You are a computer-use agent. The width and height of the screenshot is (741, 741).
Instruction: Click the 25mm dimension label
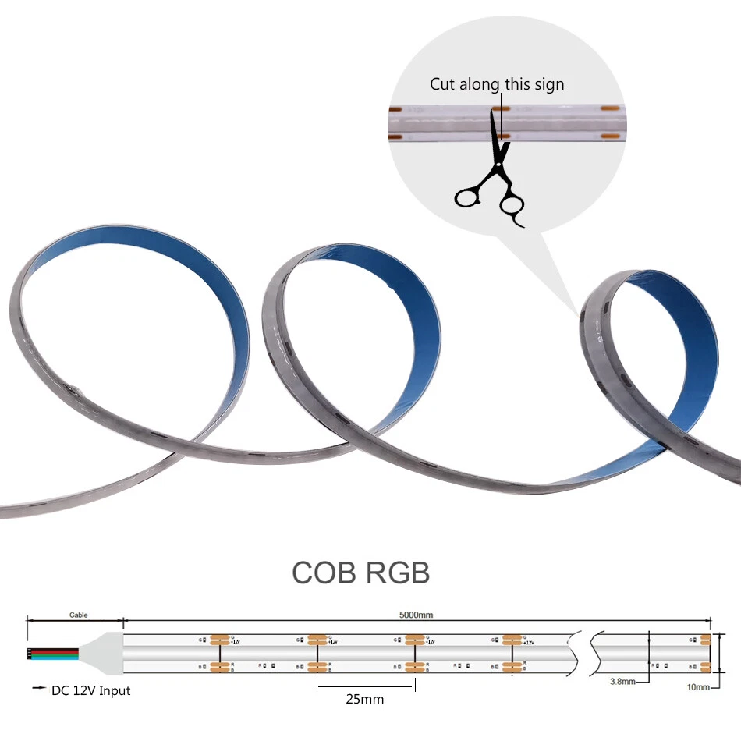click(365, 699)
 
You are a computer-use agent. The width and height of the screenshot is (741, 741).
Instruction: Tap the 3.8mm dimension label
click(623, 681)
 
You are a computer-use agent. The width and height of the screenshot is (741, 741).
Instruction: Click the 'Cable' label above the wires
click(79, 615)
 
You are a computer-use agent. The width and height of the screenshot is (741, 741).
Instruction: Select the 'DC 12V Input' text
click(91, 690)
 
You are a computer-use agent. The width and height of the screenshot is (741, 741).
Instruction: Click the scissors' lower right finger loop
click(512, 206)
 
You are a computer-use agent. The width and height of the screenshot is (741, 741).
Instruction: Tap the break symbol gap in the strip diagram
click(584, 654)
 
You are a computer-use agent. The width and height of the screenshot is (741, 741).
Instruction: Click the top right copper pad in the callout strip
click(610, 108)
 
